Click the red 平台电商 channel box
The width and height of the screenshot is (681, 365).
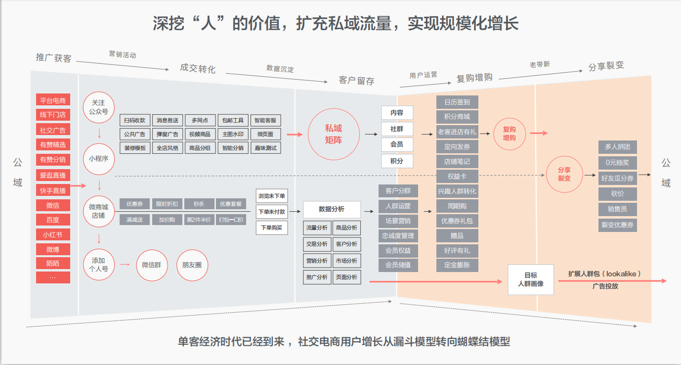(x=53, y=100)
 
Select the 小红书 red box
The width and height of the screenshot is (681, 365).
(x=53, y=234)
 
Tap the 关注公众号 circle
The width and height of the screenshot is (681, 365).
(x=99, y=107)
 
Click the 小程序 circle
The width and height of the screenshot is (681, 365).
(x=99, y=159)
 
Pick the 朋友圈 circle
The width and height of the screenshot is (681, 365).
(x=192, y=265)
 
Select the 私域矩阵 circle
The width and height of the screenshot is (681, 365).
(x=333, y=134)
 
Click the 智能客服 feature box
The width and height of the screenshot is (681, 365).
(x=266, y=120)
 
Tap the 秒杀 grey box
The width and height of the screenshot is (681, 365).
(x=199, y=204)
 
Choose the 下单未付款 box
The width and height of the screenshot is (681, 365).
(x=271, y=212)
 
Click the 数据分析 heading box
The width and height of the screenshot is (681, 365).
(x=332, y=209)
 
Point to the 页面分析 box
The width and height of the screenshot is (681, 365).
(x=346, y=277)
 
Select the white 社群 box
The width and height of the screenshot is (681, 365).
(x=397, y=129)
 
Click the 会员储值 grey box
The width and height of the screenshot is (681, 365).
(x=398, y=265)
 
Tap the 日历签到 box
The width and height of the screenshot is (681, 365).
(x=457, y=102)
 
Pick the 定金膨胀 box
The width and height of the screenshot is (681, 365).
(x=457, y=265)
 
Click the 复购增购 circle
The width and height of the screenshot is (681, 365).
(x=510, y=134)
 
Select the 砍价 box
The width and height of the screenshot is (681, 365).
(x=617, y=193)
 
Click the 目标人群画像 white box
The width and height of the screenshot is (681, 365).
(x=531, y=280)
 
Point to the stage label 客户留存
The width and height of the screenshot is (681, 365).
(x=356, y=81)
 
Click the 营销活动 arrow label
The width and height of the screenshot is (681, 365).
(x=122, y=54)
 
